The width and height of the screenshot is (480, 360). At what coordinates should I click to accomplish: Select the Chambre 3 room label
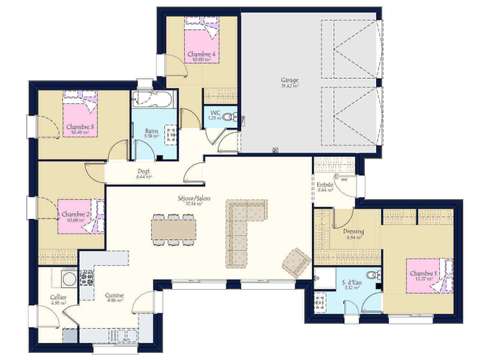(79, 127)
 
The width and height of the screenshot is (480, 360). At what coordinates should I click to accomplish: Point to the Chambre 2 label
(75, 213)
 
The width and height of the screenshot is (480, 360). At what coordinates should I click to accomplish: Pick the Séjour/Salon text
(196, 198)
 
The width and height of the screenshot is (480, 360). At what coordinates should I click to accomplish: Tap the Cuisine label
(115, 295)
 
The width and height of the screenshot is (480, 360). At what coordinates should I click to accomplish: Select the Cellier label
(58, 297)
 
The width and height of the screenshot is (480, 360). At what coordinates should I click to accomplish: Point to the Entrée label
(325, 184)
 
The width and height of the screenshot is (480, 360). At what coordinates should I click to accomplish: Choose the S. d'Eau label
(351, 285)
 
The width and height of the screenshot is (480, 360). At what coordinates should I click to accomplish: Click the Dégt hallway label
(144, 171)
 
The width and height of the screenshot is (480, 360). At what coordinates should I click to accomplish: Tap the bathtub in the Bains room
(152, 101)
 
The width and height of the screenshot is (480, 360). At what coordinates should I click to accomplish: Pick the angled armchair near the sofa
(294, 262)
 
